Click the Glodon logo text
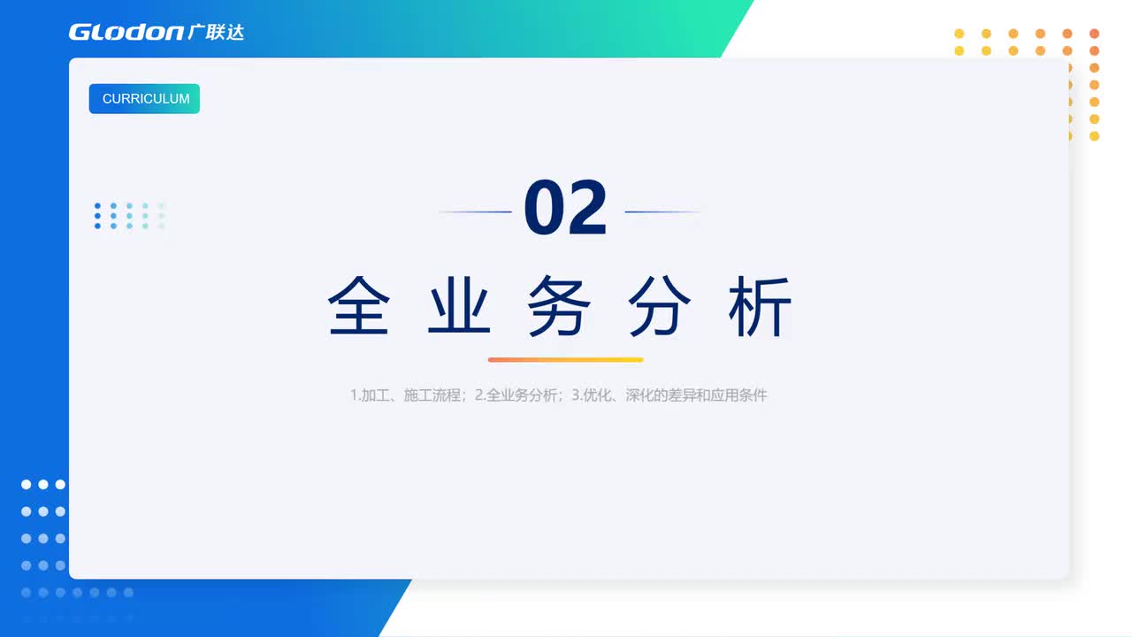click(x=126, y=32)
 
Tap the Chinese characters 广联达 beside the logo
click(x=216, y=32)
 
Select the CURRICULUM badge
click(x=144, y=98)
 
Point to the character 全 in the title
click(x=359, y=306)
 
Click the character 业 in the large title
click(x=459, y=306)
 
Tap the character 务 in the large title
click(x=559, y=306)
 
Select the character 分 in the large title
click(x=660, y=306)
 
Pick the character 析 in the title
click(x=760, y=306)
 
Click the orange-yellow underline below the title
click(x=565, y=360)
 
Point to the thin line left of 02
click(x=476, y=212)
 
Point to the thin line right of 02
click(x=662, y=212)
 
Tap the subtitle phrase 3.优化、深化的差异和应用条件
click(x=669, y=395)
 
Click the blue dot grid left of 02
click(x=129, y=216)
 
